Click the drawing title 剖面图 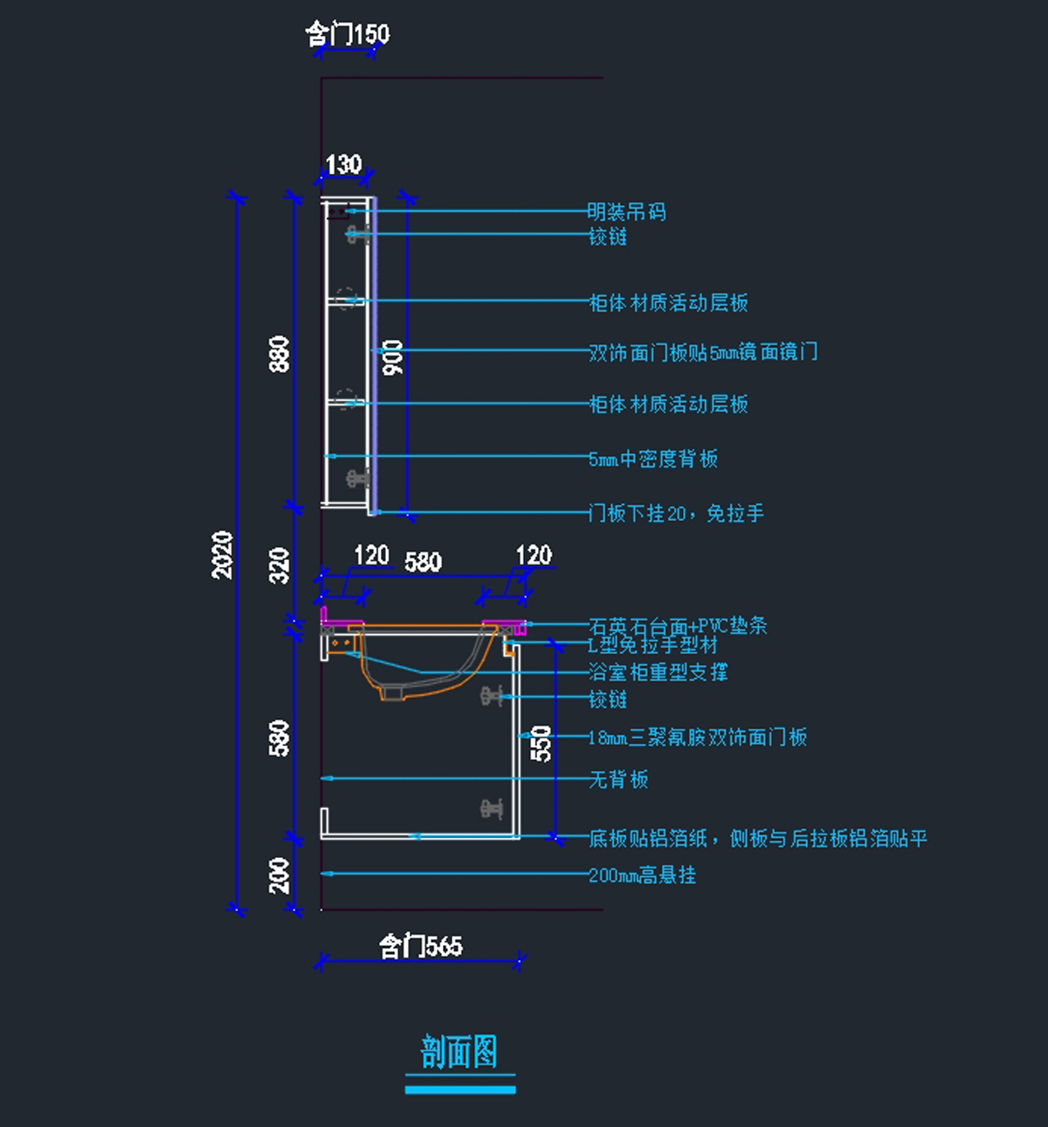tap(459, 1052)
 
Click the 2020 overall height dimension tap(224, 555)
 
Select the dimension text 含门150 tap(348, 34)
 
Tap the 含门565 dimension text tap(420, 945)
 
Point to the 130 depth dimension tap(343, 164)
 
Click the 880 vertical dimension tap(279, 354)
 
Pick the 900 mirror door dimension tap(393, 357)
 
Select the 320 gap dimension tap(279, 565)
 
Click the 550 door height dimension tap(541, 743)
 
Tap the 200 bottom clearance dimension tap(279, 875)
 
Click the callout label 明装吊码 tap(626, 212)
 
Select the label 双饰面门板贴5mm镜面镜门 tap(703, 352)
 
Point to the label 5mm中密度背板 tap(653, 460)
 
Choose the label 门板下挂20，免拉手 tap(677, 514)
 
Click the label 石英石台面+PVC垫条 tap(678, 626)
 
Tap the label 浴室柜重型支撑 tap(658, 672)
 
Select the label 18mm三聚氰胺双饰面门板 tap(698, 737)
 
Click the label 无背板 tap(618, 779)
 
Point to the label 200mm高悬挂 tap(642, 875)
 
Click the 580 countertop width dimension tap(424, 562)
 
